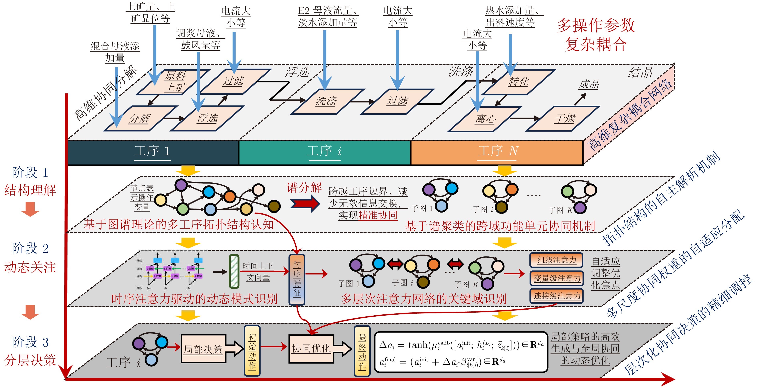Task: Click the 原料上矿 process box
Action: (173, 82)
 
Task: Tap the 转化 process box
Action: (519, 82)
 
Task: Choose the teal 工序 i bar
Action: (324, 152)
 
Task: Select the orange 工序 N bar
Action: (497, 152)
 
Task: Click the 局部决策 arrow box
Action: (206, 349)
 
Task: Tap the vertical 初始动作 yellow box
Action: (252, 351)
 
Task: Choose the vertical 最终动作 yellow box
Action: (362, 351)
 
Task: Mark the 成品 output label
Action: (589, 84)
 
